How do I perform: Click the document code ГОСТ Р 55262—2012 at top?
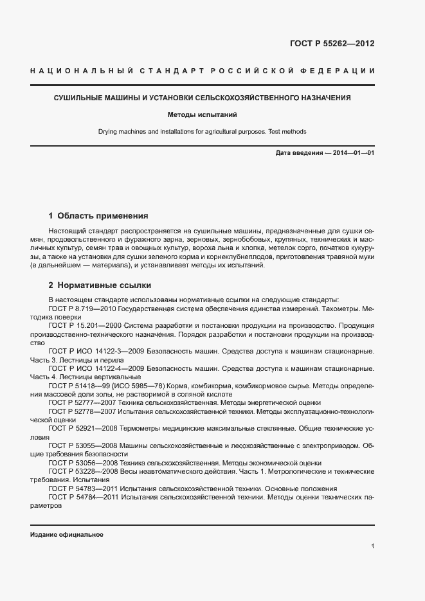(332, 44)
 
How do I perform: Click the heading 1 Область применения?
(98, 216)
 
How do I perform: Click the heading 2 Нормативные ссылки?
(100, 285)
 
